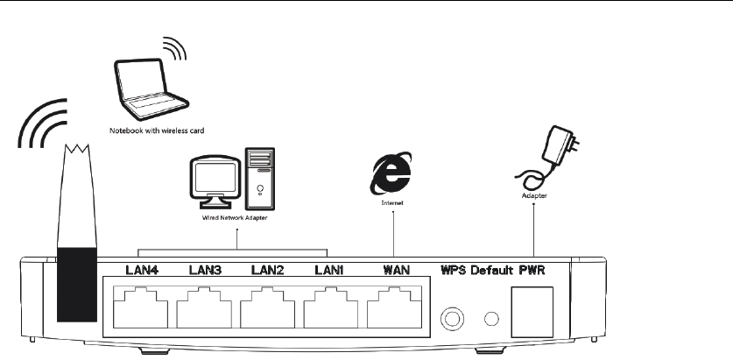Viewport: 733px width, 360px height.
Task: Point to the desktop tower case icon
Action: coord(260,180)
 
